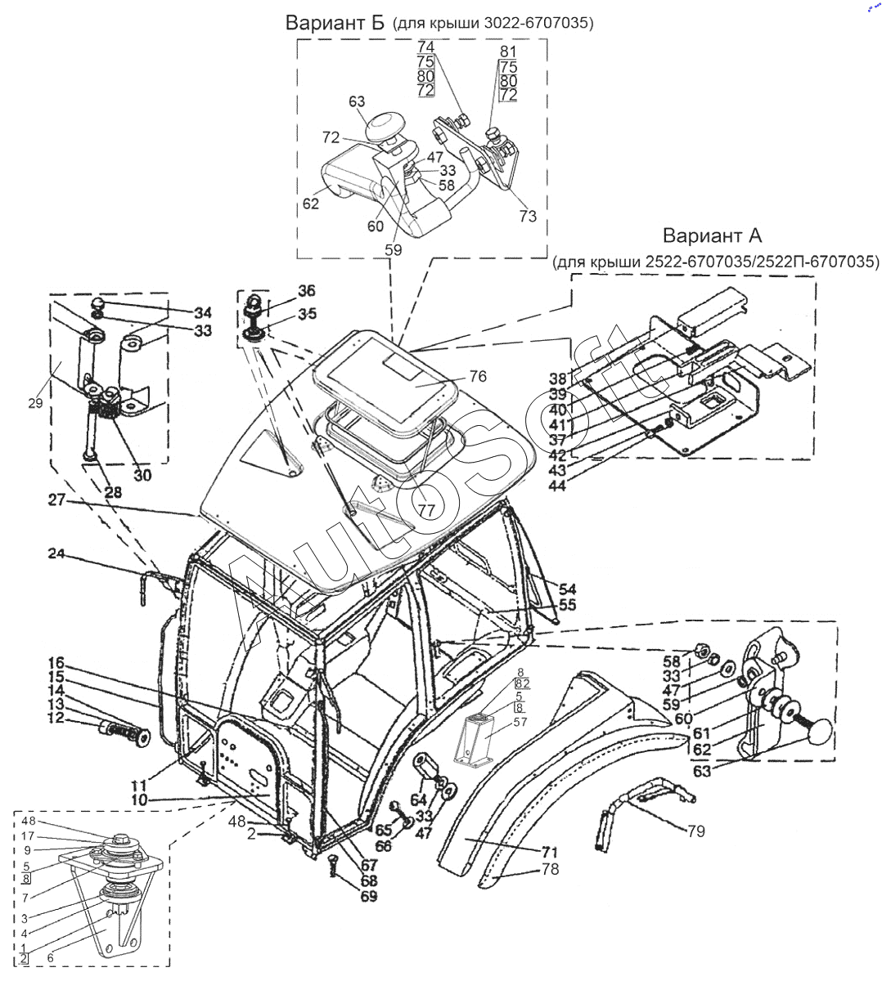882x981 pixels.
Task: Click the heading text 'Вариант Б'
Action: [335, 22]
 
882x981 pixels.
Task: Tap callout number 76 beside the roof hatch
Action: [478, 376]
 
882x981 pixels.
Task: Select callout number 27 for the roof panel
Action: [56, 499]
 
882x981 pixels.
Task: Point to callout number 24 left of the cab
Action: [56, 553]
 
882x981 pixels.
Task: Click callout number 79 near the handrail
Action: [696, 831]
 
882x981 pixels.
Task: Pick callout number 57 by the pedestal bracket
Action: [520, 722]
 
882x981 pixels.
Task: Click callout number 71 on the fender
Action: [550, 852]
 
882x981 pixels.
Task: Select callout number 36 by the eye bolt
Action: [307, 290]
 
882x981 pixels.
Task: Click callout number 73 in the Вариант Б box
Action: [528, 216]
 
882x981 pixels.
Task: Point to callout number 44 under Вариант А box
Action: [557, 485]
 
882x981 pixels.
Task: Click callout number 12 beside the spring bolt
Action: [56, 718]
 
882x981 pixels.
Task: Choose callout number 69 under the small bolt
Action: [369, 896]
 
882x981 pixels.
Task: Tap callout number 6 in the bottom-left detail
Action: [51, 958]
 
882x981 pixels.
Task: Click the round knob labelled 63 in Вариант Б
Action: [381, 126]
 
